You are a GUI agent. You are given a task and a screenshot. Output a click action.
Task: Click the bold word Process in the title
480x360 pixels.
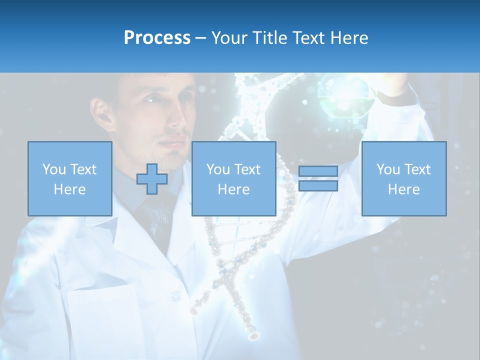157,38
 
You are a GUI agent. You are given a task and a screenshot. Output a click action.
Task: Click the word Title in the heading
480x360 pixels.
269,38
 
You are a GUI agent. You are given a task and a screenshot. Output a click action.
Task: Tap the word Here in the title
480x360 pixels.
348,38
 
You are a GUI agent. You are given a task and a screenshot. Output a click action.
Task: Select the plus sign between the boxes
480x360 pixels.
152,178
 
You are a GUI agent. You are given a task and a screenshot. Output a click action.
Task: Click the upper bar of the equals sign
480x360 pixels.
318,171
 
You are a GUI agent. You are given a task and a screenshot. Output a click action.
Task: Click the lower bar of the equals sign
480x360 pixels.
318,185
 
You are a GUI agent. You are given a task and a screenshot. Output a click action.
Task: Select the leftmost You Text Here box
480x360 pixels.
70,178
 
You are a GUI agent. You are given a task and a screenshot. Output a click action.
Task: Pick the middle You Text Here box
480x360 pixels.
234,178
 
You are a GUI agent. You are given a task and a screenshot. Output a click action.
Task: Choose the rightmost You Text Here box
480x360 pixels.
404,178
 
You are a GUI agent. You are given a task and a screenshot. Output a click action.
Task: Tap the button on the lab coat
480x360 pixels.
175,296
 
